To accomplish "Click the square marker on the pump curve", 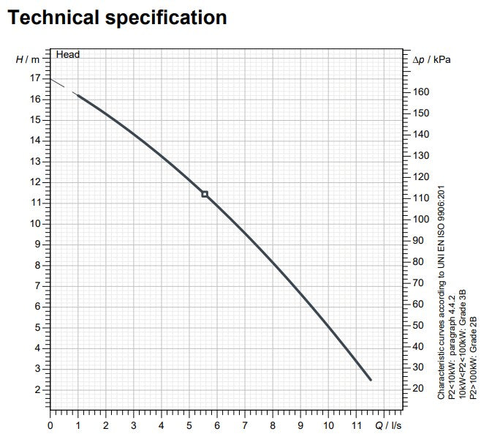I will (205, 194).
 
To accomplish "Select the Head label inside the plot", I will (68, 55).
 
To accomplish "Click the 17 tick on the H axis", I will (35, 78).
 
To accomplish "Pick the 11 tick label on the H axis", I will (35, 203).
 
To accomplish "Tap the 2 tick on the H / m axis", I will (37, 389).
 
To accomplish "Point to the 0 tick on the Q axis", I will (50, 425).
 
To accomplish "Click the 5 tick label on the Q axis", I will (189, 425).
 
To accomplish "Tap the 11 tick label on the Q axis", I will (356, 425).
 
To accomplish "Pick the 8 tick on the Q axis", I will (273, 425).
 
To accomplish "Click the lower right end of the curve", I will (370, 379).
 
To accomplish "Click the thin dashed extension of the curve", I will (61, 85).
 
